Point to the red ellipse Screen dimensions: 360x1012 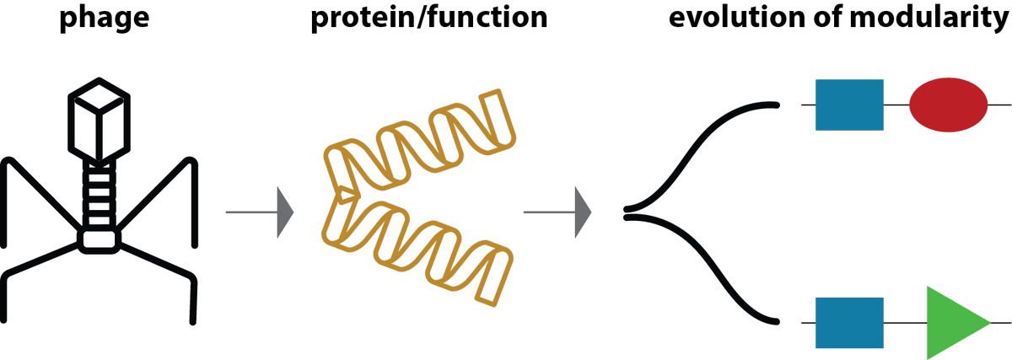pos(948,105)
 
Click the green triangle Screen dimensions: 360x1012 pos(951,322)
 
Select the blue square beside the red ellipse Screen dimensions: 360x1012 pos(849,105)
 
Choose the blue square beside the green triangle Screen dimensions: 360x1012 pos(849,322)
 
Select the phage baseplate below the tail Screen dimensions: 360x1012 pos(100,239)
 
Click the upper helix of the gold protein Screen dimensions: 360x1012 pos(422,139)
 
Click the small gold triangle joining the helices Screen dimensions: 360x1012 pos(345,196)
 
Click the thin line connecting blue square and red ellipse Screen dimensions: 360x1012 pos(896,105)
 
